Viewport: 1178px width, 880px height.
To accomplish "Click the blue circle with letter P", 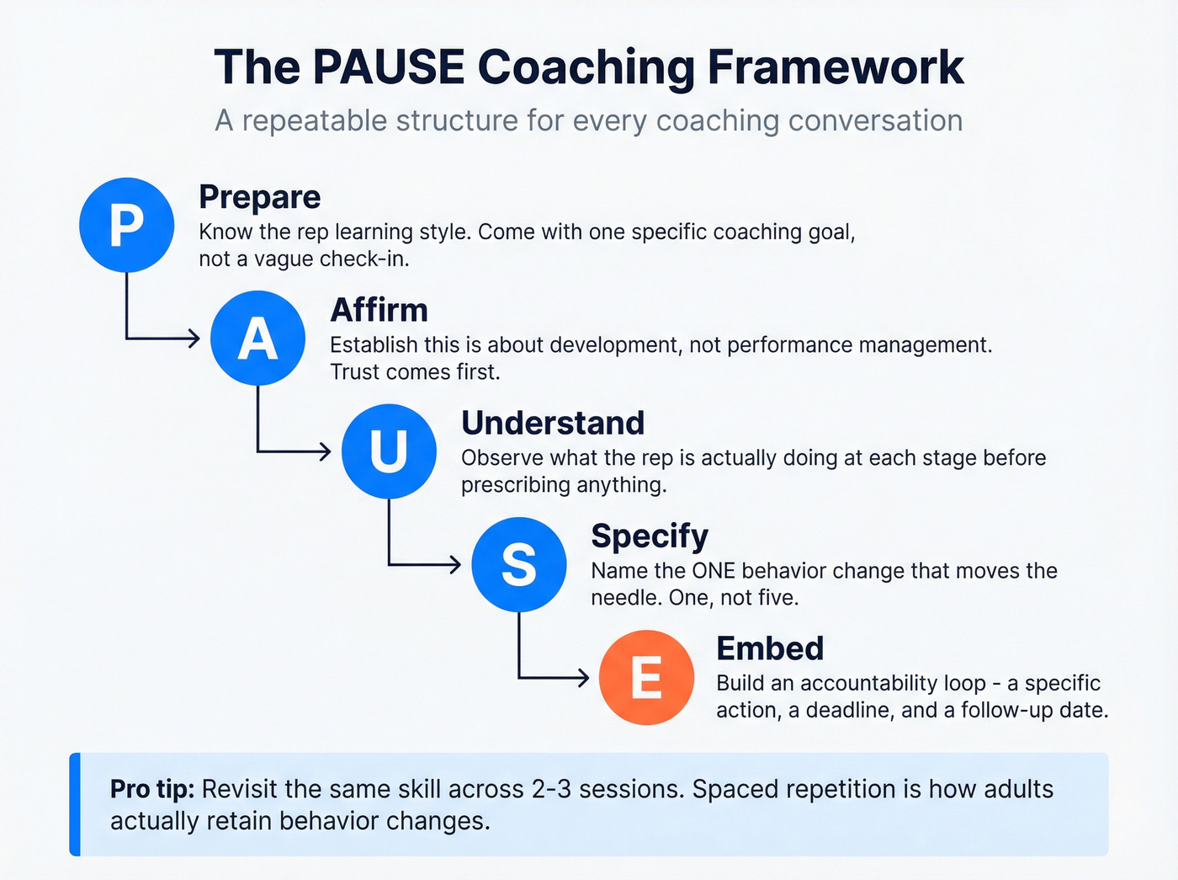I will pyautogui.click(x=126, y=225).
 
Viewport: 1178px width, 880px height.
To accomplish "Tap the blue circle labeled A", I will pyautogui.click(x=257, y=339).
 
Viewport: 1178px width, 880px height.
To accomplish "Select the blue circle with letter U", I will pyautogui.click(x=389, y=451).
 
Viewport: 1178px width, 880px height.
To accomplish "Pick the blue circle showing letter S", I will pyautogui.click(x=519, y=564).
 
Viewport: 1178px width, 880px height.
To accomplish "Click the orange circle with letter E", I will pyautogui.click(x=646, y=677).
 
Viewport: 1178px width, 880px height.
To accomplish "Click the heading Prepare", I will pyautogui.click(x=259, y=197).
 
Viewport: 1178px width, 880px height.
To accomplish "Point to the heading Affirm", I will pyautogui.click(x=379, y=310).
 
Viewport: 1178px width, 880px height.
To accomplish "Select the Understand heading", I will pyautogui.click(x=553, y=423).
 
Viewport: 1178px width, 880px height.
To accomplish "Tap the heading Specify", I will pyautogui.click(x=650, y=536).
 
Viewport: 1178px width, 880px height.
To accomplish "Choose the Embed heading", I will pyautogui.click(x=770, y=648).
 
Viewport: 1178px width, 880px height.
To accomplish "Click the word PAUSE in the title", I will pyautogui.click(x=388, y=67).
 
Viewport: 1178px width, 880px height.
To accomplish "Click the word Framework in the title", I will pyautogui.click(x=836, y=67).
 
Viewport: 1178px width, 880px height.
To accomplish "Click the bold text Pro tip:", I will pyautogui.click(x=152, y=789).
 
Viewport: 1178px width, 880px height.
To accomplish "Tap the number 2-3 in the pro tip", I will pyautogui.click(x=552, y=789).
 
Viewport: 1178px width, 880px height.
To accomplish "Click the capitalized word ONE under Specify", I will pyautogui.click(x=714, y=571).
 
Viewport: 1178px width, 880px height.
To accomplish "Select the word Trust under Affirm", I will pyautogui.click(x=355, y=372).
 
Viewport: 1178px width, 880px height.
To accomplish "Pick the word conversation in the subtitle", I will pyautogui.click(x=875, y=120).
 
